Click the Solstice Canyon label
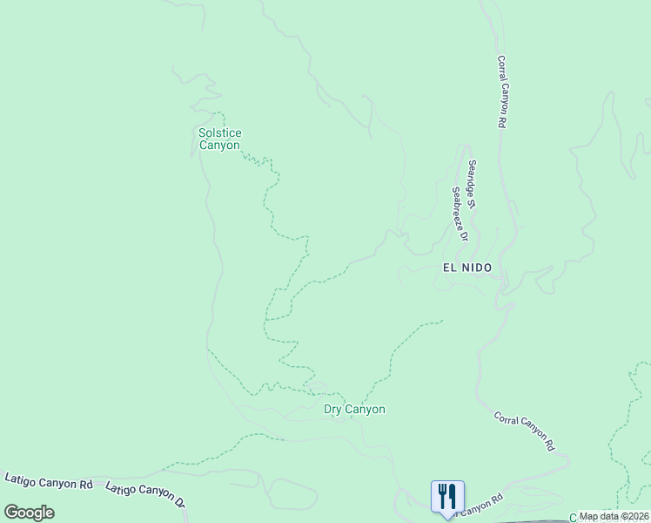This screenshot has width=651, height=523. [219, 139]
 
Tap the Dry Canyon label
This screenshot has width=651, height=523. [354, 409]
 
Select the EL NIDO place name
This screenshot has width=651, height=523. [467, 268]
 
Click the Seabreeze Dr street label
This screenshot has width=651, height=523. [460, 214]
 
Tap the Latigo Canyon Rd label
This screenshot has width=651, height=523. [49, 481]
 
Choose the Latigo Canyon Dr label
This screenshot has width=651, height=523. [146, 494]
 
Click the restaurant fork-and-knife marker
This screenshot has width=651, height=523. [447, 497]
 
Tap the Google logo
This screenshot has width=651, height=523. [29, 513]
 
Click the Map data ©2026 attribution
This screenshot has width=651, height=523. [614, 516]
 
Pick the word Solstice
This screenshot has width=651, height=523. [219, 133]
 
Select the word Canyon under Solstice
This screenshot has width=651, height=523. [219, 146]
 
